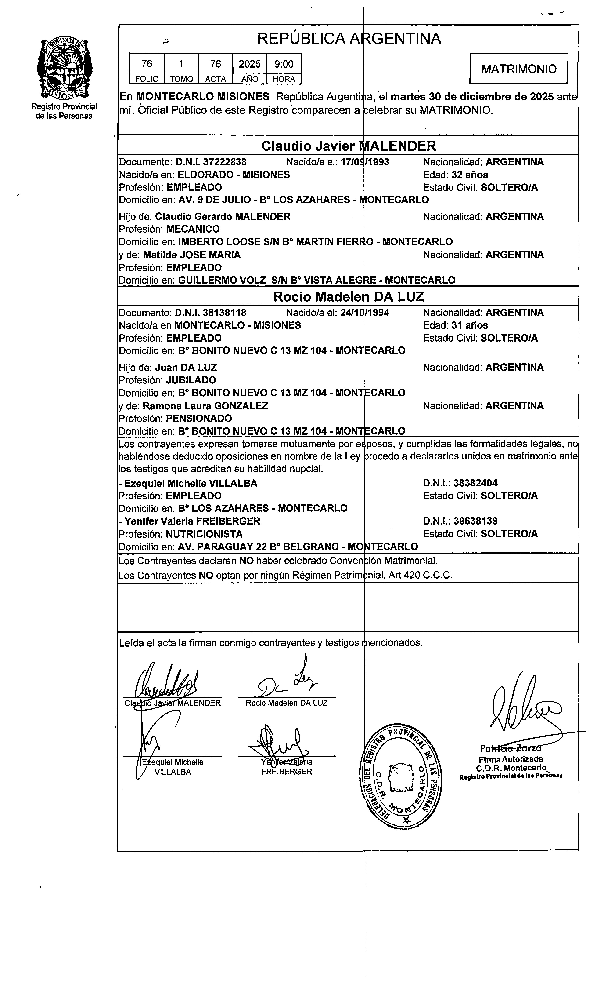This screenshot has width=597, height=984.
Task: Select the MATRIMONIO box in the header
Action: (x=518, y=69)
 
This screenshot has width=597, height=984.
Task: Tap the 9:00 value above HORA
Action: (x=284, y=64)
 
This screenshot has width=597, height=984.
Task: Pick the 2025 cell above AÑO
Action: (x=250, y=64)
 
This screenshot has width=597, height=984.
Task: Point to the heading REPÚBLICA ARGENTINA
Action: (x=349, y=39)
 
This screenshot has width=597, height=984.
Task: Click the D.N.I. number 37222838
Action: (x=225, y=162)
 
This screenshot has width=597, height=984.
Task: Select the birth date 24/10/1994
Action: (x=365, y=313)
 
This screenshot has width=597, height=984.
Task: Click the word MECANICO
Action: (x=193, y=229)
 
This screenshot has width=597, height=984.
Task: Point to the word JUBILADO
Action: (x=191, y=380)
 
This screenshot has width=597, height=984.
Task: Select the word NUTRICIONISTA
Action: (x=204, y=534)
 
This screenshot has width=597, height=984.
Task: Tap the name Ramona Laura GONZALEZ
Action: (x=205, y=406)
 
